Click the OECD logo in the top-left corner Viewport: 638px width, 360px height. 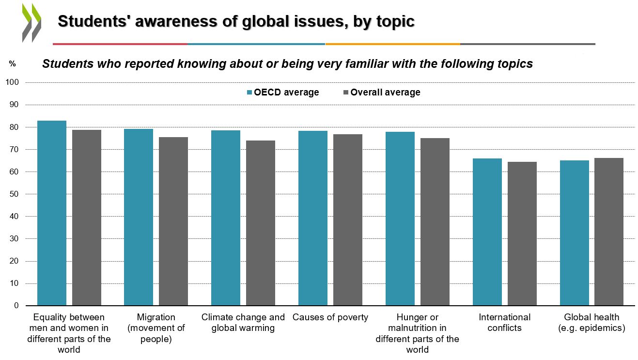click(x=31, y=22)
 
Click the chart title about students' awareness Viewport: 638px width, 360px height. click(x=236, y=21)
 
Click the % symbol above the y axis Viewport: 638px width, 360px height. click(x=12, y=64)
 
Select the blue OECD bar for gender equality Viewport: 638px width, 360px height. click(x=52, y=213)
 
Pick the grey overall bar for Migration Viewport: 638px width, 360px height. click(x=173, y=221)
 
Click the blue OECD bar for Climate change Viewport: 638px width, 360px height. click(x=226, y=218)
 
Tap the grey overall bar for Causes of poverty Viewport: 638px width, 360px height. click(x=348, y=220)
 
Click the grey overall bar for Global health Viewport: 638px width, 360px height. click(x=609, y=232)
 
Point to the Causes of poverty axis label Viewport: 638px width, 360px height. click(x=330, y=318)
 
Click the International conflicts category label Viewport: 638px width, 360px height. click(x=505, y=323)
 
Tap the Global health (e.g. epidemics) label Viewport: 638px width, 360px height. click(x=591, y=323)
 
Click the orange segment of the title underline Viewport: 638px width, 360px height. click(x=392, y=44)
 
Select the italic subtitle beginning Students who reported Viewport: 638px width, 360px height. click(x=287, y=64)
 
